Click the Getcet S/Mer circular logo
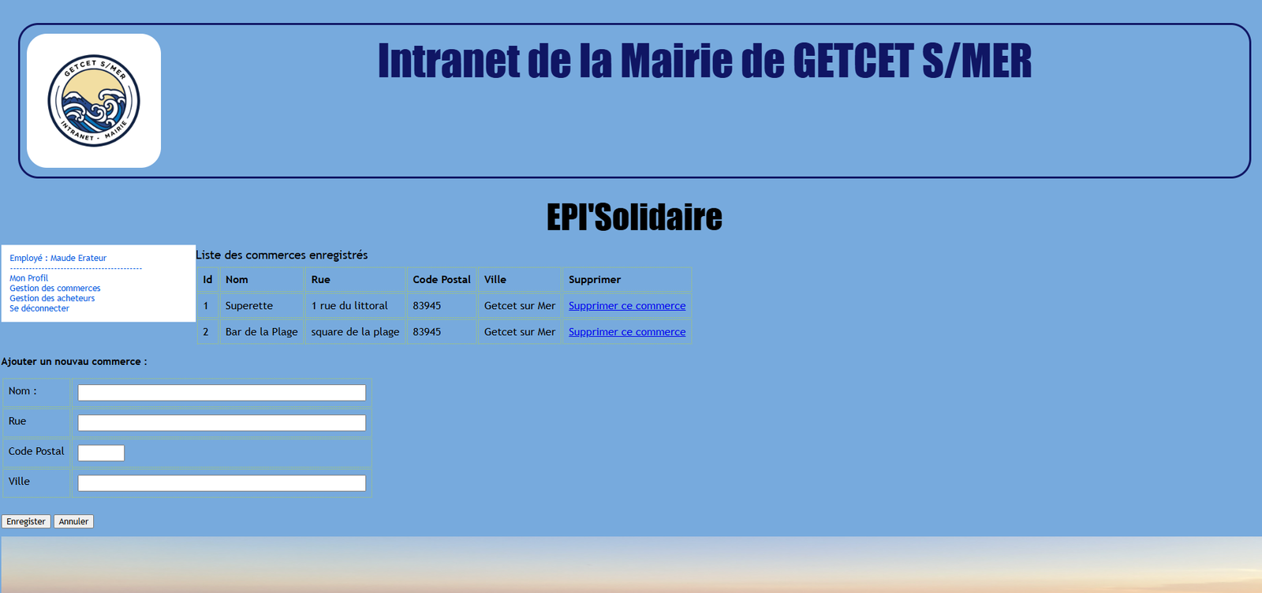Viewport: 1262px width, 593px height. (x=94, y=101)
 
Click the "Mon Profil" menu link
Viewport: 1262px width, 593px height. (x=28, y=278)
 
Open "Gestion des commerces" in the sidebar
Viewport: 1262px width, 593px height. (x=55, y=289)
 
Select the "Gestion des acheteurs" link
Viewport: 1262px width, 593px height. (x=52, y=299)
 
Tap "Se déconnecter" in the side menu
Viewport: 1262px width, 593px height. (x=39, y=308)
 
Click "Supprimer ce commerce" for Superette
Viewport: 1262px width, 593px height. (x=627, y=306)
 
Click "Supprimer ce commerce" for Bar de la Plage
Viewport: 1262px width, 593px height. (x=627, y=332)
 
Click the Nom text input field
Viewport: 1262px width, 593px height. (x=222, y=393)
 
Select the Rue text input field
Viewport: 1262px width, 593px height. (x=222, y=423)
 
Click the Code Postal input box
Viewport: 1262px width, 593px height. (x=101, y=453)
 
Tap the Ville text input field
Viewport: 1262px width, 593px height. (x=222, y=483)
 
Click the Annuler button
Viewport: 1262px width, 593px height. (x=73, y=521)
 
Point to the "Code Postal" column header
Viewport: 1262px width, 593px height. (x=442, y=280)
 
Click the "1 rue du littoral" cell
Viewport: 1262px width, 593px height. (x=349, y=306)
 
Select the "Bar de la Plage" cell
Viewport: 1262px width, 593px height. (x=262, y=332)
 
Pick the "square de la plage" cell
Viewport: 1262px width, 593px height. (x=355, y=332)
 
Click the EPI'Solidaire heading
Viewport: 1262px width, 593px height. (x=634, y=218)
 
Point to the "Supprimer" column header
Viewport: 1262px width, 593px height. (x=595, y=280)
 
